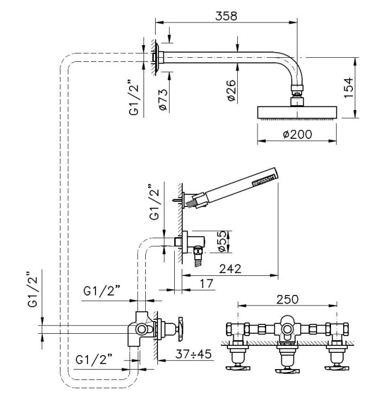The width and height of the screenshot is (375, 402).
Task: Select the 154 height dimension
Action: (x=347, y=88)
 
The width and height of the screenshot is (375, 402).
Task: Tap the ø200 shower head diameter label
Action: (x=297, y=134)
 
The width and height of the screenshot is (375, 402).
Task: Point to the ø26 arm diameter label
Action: (x=230, y=91)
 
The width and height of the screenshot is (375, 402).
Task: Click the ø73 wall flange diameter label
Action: (x=163, y=98)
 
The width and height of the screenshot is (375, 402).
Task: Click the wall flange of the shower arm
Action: (x=156, y=57)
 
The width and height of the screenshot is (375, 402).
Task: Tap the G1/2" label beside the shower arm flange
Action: (x=134, y=98)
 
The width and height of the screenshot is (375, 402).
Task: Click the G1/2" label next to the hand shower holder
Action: (x=153, y=202)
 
